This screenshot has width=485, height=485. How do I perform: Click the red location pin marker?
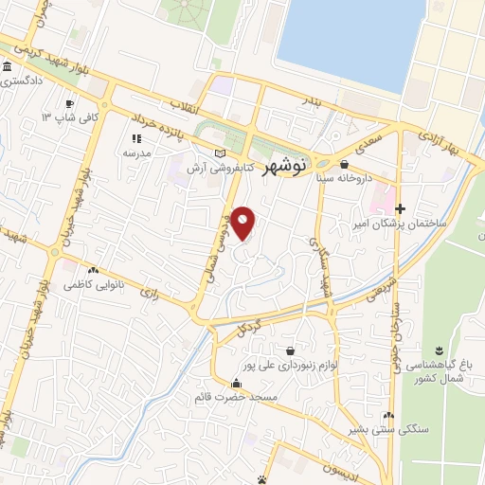pyautogui.click(x=243, y=224)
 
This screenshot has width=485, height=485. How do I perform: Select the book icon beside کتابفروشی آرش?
pyautogui.click(x=221, y=153)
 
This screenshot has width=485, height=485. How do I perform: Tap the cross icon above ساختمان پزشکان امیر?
pyautogui.click(x=400, y=208)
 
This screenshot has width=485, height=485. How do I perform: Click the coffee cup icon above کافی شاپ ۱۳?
pyautogui.click(x=68, y=104)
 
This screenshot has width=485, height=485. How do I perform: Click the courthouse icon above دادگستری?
pyautogui.click(x=8, y=68)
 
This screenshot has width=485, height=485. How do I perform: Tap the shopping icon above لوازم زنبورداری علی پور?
pyautogui.click(x=300, y=349)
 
